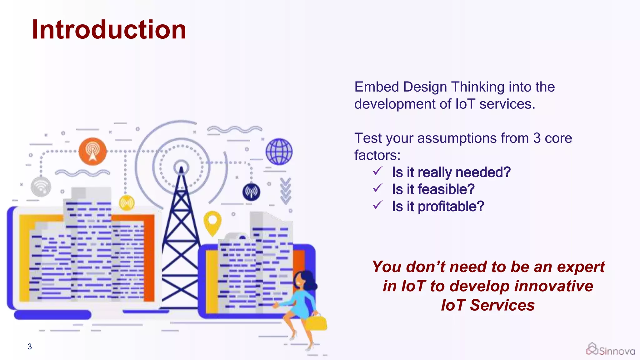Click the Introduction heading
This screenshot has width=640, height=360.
pyautogui.click(x=109, y=30)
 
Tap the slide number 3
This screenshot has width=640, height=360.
pyautogui.click(x=30, y=347)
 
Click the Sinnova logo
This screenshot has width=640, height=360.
pyautogui.click(x=611, y=349)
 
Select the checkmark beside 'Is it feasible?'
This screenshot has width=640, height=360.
pyautogui.click(x=378, y=188)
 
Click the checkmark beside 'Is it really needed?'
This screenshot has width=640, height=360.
pyautogui.click(x=378, y=171)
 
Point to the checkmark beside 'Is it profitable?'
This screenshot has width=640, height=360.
pyautogui.click(x=378, y=205)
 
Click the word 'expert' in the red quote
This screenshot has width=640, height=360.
pyautogui.click(x=581, y=267)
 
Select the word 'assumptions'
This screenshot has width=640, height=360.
pyautogui.click(x=457, y=138)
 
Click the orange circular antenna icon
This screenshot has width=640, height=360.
pyautogui.click(x=92, y=152)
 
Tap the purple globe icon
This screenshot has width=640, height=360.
pyautogui.click(x=279, y=152)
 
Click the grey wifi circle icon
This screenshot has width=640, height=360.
pyautogui.click(x=41, y=187)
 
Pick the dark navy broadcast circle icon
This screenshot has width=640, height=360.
pyautogui.click(x=251, y=192)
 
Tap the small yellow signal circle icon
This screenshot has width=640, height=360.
pyautogui.click(x=127, y=203)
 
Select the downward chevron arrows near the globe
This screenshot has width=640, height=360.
pyautogui.click(x=285, y=191)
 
